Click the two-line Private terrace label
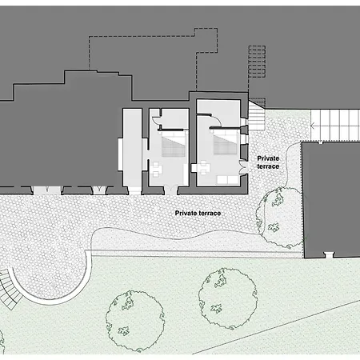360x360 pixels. (268, 162)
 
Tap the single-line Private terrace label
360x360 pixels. (198, 214)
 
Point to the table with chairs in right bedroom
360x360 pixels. (203, 167)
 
